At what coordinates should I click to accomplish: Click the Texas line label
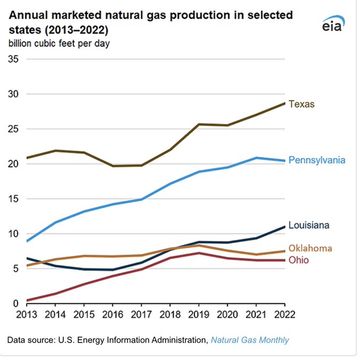[x=302, y=104]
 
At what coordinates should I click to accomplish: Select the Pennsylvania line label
[x=317, y=160]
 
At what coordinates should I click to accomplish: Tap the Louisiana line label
[x=309, y=225]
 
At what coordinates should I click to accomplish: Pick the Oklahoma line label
[x=310, y=248]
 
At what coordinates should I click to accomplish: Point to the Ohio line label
[x=299, y=260]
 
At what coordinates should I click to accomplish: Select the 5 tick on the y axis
[x=16, y=269]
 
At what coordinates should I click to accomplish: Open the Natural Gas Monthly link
[x=250, y=339]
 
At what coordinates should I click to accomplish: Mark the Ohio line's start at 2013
[x=27, y=300]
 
